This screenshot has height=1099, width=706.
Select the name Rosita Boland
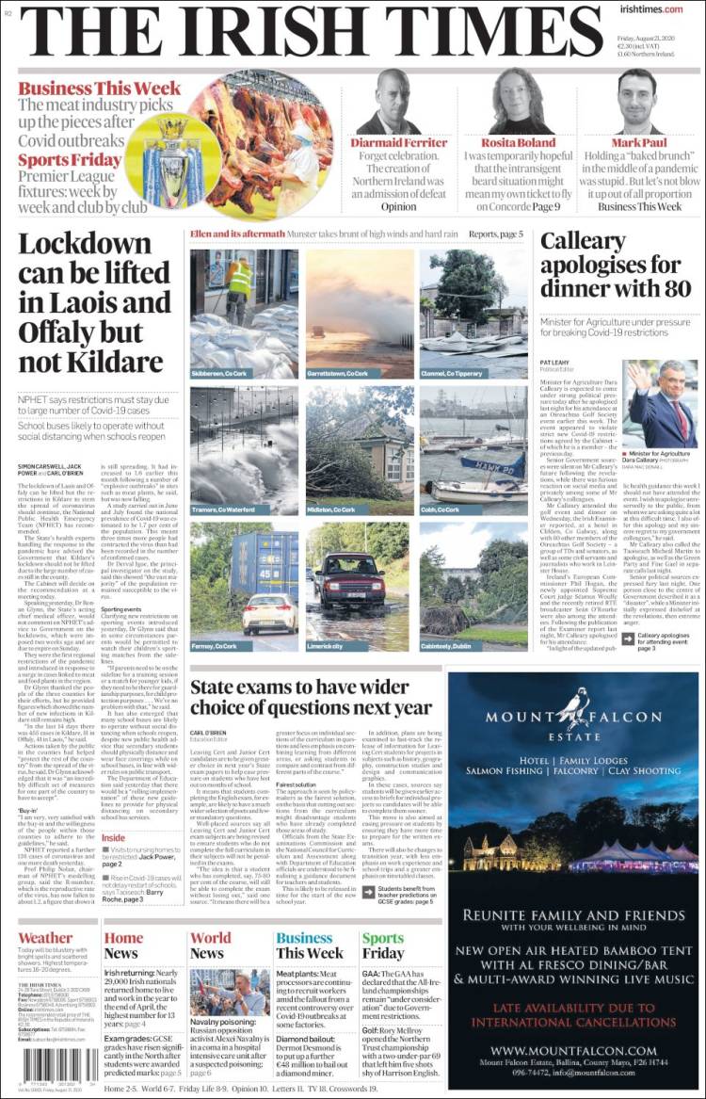519,142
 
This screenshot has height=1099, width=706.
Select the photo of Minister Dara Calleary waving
664,405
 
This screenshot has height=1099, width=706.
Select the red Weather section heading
44,938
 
